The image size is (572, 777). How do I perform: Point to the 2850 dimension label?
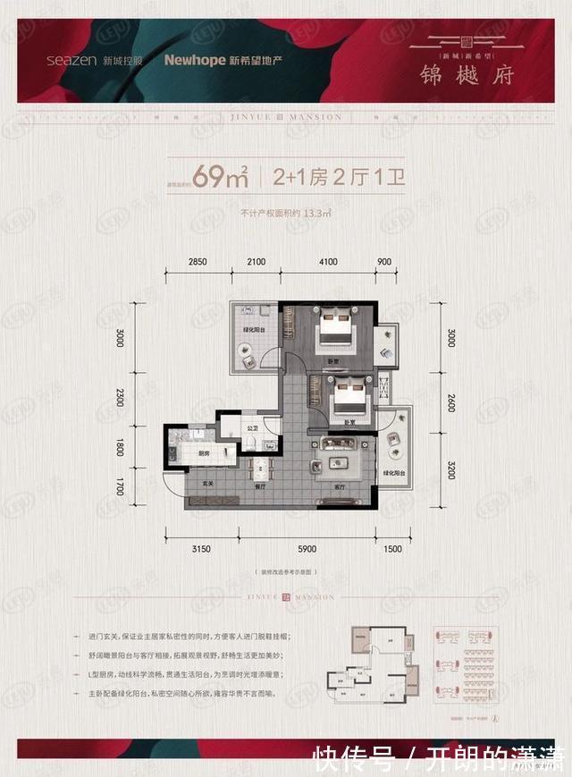tap(198, 261)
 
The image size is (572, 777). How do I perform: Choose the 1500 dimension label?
tap(392, 549)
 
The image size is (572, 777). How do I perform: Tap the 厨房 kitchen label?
tap(204, 453)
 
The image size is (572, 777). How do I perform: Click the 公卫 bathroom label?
tap(252, 428)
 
